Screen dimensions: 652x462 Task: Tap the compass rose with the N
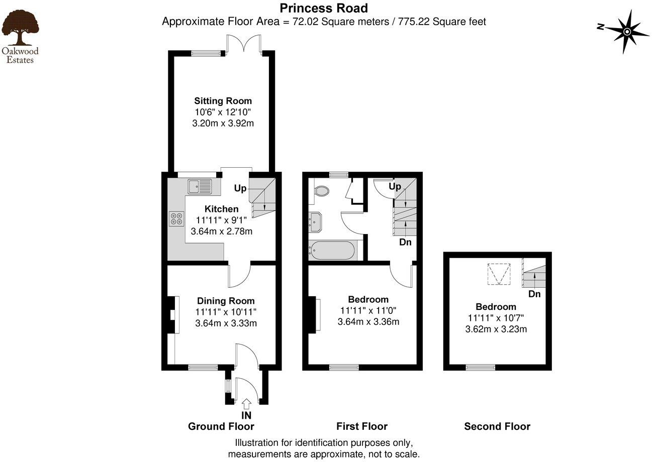pyautogui.click(x=627, y=32)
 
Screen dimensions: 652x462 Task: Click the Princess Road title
pyautogui.click(x=324, y=8)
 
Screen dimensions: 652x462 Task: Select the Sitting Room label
pyautogui.click(x=223, y=101)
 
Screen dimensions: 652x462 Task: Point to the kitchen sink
pyautogui.click(x=201, y=187)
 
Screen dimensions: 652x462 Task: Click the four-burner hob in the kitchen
pyautogui.click(x=176, y=218)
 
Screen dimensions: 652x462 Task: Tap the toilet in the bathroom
pyautogui.click(x=320, y=191)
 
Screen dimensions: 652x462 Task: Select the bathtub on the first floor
pyautogui.click(x=332, y=250)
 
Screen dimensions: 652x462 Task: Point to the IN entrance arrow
pyautogui.click(x=246, y=403)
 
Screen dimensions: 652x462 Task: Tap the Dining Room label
pyautogui.click(x=226, y=301)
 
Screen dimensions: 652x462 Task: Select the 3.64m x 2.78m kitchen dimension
pyautogui.click(x=222, y=232)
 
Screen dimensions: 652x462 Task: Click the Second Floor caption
pyautogui.click(x=497, y=426)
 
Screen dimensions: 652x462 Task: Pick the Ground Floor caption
pyautogui.click(x=221, y=426)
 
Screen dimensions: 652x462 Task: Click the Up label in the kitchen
pyautogui.click(x=240, y=188)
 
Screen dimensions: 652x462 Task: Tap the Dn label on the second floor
pyautogui.click(x=534, y=294)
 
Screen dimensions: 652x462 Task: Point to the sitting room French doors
pyautogui.click(x=244, y=44)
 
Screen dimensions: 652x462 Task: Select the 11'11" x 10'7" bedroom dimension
pyautogui.click(x=496, y=318)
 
